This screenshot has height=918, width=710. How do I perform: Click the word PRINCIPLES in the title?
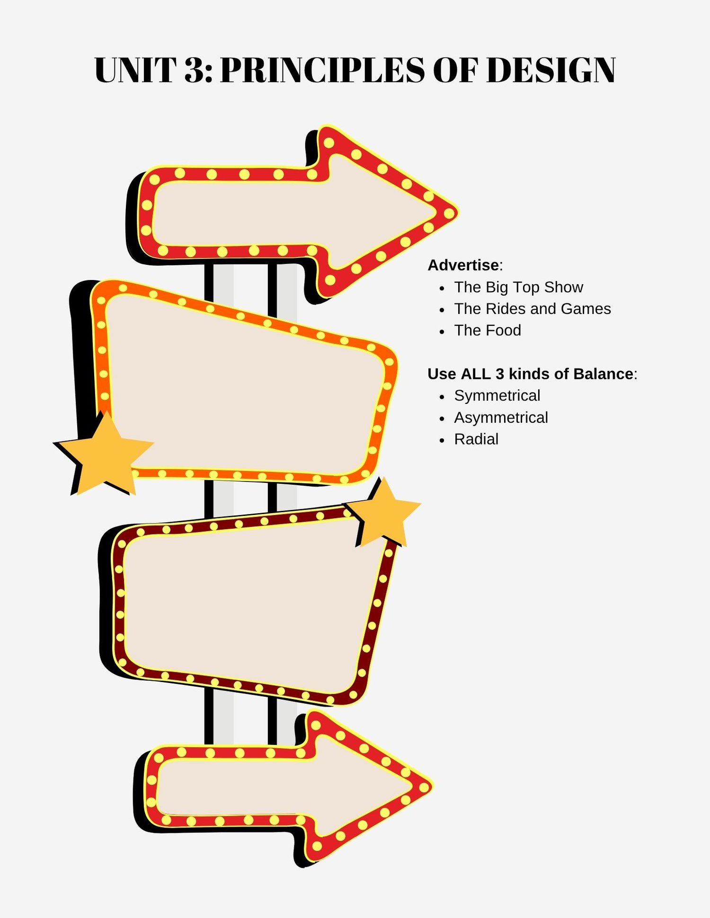tap(323, 70)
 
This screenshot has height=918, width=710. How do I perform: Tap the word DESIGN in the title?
tap(551, 70)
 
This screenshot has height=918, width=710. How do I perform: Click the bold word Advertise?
tap(463, 265)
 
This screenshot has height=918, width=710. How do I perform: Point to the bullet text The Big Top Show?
tap(519, 288)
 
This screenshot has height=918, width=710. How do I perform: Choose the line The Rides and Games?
tap(532, 309)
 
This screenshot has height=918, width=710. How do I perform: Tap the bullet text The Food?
tap(488, 331)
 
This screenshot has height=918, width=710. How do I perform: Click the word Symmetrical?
tap(497, 396)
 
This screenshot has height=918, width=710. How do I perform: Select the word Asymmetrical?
tap(501, 418)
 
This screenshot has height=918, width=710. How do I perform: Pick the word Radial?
tap(476, 439)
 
